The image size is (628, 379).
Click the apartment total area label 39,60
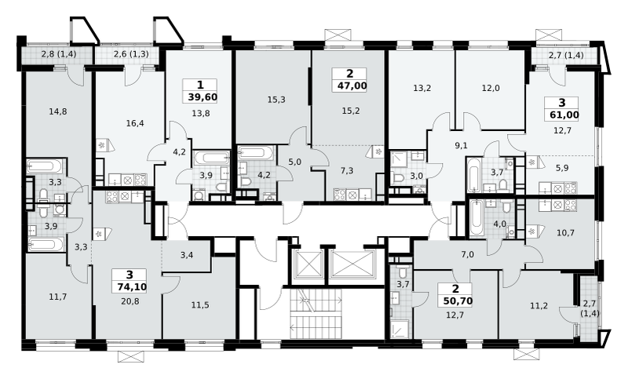pyautogui.click(x=203, y=97)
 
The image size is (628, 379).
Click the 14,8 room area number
pyautogui.click(x=58, y=111)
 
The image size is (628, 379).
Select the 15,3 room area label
pyautogui.click(x=276, y=100)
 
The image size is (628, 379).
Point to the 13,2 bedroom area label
pyautogui.click(x=422, y=88)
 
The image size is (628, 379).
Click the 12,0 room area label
pyautogui.click(x=491, y=88)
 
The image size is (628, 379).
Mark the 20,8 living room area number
pyautogui.click(x=130, y=301)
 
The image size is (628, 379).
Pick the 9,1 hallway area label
pyautogui.click(x=462, y=146)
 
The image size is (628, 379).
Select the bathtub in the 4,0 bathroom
pyautogui.click(x=476, y=218)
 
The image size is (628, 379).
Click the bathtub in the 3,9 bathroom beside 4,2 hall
pyautogui.click(x=211, y=158)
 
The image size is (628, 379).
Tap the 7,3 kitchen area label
pyautogui.click(x=347, y=171)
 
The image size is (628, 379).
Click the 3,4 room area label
pyautogui.click(x=187, y=254)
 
